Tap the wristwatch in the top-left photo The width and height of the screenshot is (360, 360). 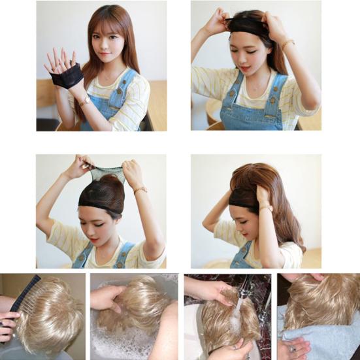(84, 101)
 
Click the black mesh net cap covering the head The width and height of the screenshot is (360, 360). (101, 192)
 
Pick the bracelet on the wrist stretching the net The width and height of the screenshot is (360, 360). (140, 190)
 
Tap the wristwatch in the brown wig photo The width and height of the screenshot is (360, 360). (266, 208)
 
